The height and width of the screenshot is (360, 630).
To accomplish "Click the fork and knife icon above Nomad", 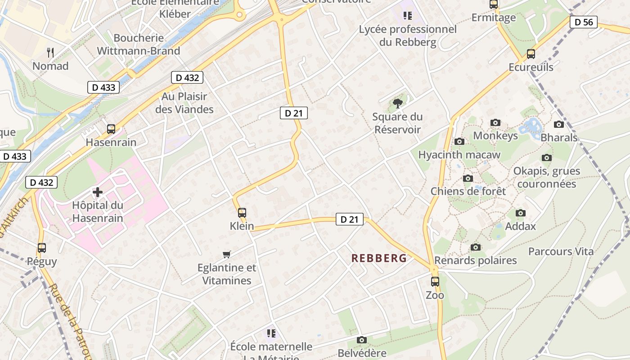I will click(50, 53).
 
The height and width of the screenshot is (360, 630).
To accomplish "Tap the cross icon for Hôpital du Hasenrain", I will click(97, 193).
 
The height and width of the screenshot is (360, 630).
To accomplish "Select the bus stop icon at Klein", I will click(242, 212).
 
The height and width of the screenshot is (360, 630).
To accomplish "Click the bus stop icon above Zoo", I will click(435, 282).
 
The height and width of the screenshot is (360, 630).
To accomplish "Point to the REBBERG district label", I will click(379, 258).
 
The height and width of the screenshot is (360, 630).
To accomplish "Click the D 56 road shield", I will click(584, 22).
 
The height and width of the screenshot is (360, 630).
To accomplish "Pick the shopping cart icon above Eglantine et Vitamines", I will click(227, 255).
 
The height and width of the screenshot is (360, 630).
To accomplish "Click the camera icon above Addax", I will click(521, 213).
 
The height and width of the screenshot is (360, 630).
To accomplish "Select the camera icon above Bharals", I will click(559, 124).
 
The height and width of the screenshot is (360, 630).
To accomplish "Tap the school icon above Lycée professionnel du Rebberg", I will click(408, 16).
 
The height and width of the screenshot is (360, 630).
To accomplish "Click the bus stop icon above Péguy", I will click(42, 247).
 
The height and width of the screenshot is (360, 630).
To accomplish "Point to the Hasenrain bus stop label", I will click(111, 142).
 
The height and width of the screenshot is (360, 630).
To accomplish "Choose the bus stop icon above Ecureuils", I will click(531, 54).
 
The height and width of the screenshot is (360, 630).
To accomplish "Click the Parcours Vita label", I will click(561, 252).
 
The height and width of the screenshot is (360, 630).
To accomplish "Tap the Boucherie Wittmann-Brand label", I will click(139, 44).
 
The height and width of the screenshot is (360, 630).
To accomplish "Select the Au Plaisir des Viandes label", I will click(184, 103).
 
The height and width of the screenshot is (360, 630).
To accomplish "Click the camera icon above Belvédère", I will click(362, 340).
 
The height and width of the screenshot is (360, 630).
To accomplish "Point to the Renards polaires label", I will click(476, 261).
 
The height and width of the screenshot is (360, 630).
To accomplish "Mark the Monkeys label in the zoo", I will click(495, 135).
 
